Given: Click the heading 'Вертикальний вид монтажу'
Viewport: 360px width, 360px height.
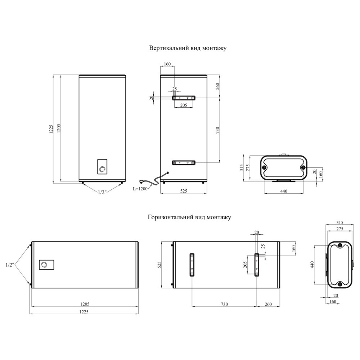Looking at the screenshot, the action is (188, 48).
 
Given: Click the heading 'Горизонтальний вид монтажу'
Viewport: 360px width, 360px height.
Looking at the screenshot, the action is (189, 217).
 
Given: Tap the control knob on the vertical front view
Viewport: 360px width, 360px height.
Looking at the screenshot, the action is (102, 170).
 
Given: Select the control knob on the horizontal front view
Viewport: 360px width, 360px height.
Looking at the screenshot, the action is (44, 265).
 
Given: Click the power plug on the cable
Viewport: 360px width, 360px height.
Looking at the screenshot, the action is (142, 181).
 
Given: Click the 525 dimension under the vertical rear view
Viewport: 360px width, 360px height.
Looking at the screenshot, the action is (184, 191).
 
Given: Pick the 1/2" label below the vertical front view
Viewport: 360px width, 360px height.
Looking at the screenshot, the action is (102, 192).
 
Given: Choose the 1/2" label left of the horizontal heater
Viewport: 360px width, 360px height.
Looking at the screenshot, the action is (10, 265).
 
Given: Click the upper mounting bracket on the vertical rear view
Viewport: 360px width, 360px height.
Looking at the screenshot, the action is (184, 98).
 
